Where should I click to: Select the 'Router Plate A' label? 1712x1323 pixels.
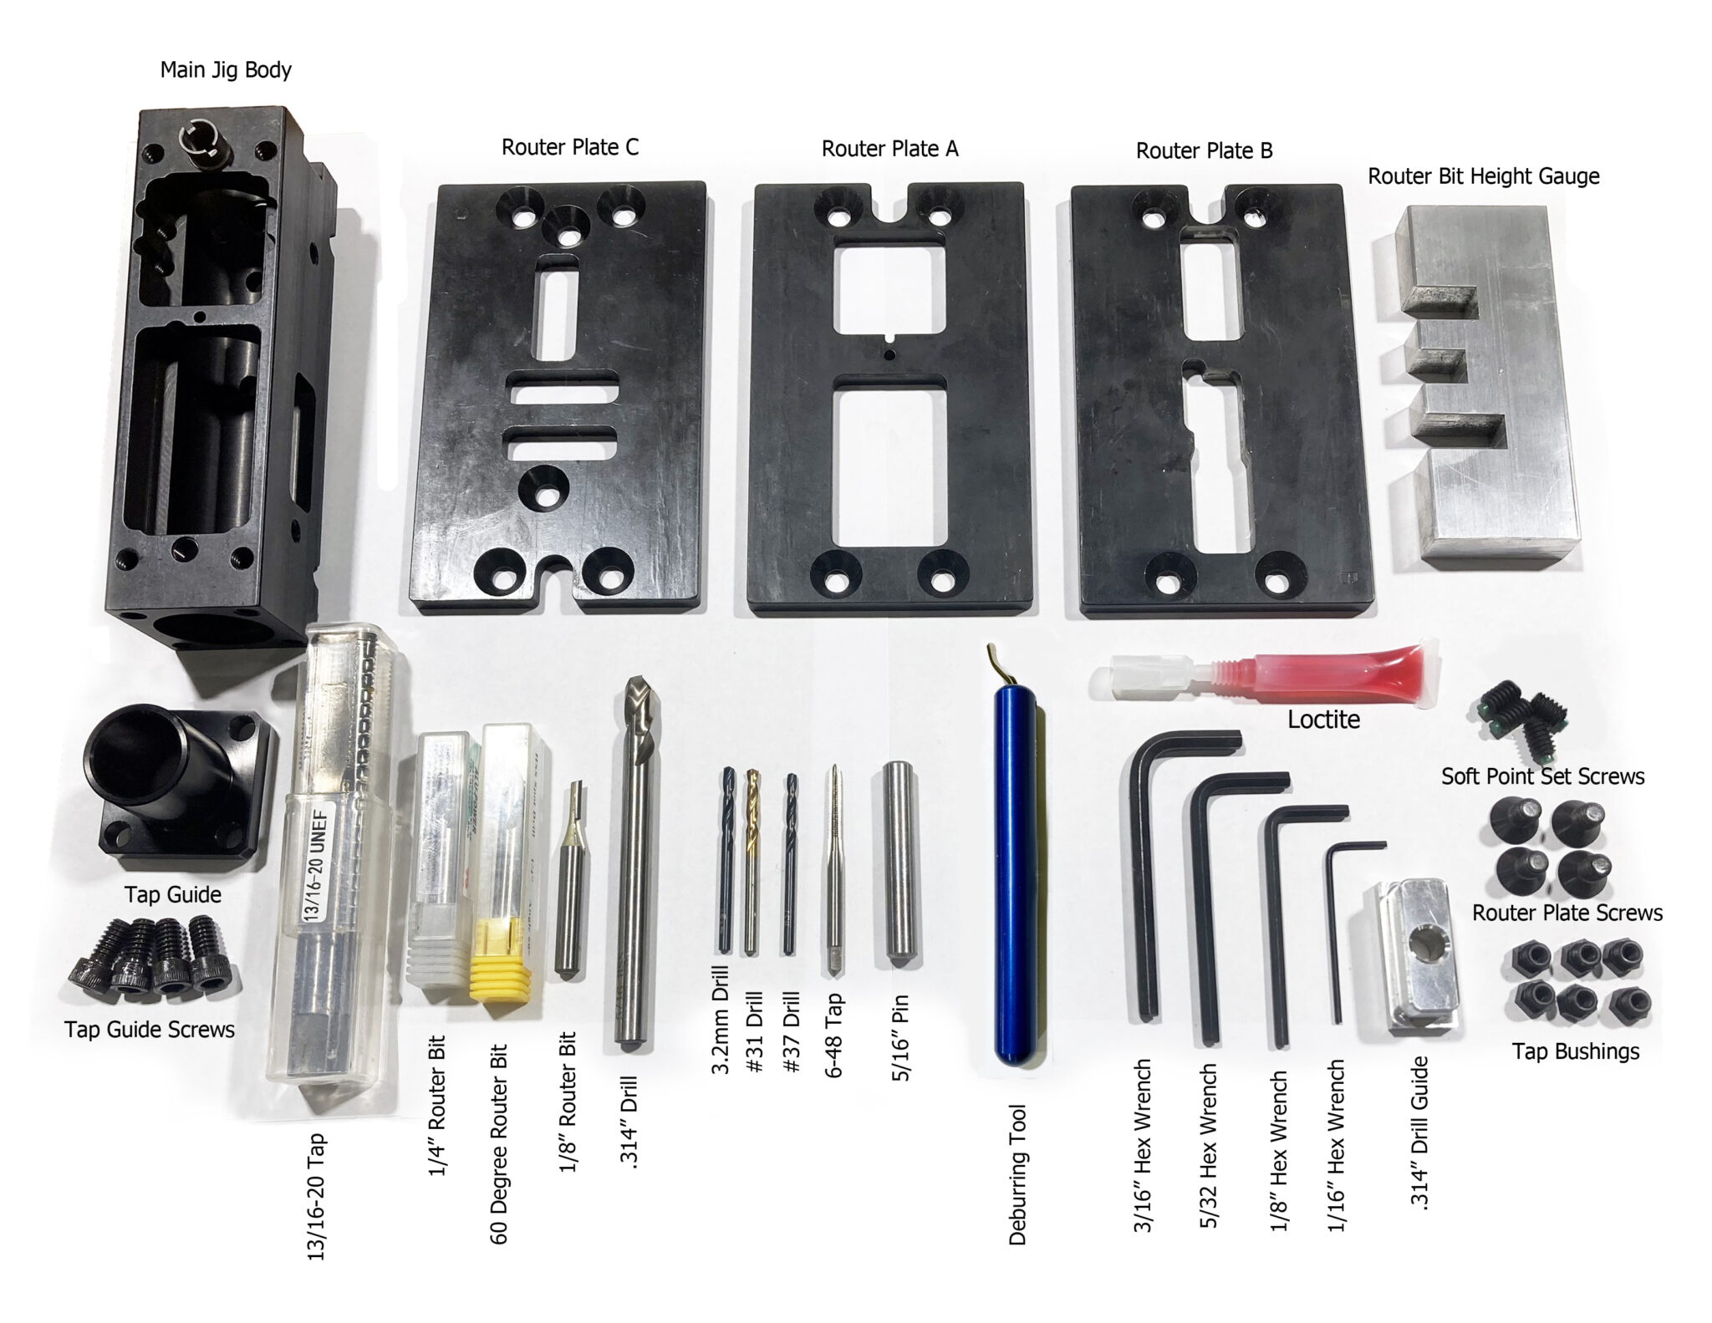[889, 149]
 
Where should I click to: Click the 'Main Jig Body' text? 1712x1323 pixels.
[226, 69]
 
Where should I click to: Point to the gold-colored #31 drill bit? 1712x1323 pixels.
[752, 861]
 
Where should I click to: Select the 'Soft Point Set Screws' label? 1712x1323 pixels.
[1542, 776]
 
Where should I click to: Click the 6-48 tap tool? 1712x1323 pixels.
[834, 869]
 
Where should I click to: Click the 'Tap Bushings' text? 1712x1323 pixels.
[1575, 1051]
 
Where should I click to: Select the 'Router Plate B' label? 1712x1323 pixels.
[1204, 150]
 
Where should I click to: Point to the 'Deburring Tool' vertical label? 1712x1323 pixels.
[1017, 1174]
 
